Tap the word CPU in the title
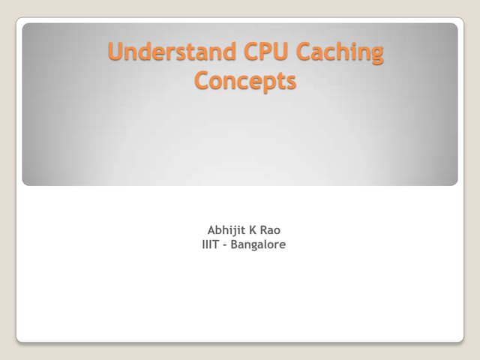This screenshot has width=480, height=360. tap(262, 52)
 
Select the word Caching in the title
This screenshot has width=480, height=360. tap(341, 54)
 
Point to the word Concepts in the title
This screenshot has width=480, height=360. tap(245, 80)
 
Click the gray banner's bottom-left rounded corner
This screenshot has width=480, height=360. tap(25, 182)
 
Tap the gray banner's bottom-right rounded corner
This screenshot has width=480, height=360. tap(454, 182)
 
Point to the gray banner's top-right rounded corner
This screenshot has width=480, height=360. tap(454, 26)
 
